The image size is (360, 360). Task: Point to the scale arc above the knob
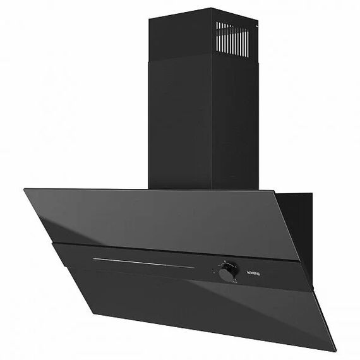[x=225, y=263]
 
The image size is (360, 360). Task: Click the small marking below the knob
[x=225, y=284]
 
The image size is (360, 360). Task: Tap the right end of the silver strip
[x=194, y=268]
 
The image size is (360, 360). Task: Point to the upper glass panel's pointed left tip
[x=25, y=189]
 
